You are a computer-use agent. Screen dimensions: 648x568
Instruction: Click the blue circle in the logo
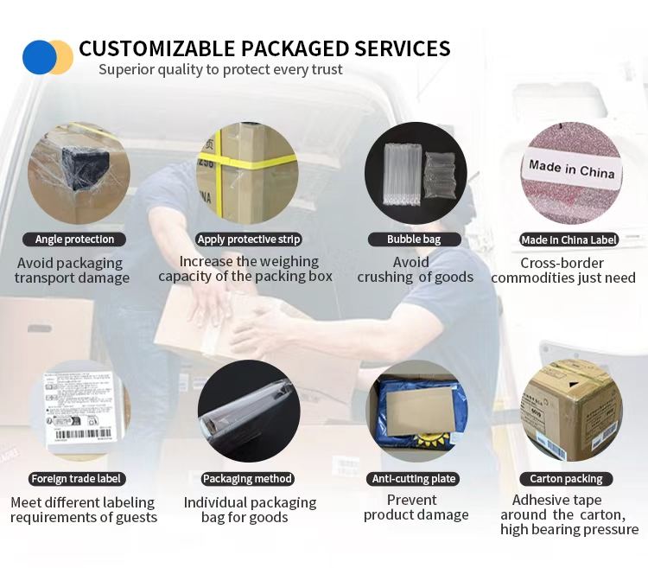pos(38,57)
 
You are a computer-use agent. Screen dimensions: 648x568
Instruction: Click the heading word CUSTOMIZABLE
pos(156,48)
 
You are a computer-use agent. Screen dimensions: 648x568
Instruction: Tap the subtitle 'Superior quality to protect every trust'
pos(220,70)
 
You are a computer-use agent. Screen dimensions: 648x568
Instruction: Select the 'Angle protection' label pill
pos(74,239)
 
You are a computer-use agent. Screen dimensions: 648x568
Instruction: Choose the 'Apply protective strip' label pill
pos(249,239)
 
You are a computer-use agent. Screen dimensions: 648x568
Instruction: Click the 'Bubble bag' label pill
pos(416,239)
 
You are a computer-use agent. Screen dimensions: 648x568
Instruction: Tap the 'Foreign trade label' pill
pos(77,478)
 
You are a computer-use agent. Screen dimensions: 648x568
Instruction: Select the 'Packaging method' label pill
pos(248,478)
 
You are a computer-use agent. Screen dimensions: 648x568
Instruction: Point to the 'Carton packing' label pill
pos(567,478)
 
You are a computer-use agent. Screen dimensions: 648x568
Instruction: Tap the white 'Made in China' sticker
pos(571,168)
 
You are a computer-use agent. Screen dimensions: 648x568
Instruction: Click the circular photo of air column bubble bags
pos(416,173)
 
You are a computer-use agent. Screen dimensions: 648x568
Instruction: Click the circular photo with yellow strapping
pos(247,173)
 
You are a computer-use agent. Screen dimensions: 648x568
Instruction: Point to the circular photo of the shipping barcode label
pos(78,411)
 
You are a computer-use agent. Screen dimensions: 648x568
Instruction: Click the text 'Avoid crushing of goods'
pos(416,270)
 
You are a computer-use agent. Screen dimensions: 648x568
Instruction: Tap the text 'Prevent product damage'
pos(416,507)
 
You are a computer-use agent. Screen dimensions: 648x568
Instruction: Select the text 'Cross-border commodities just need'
pos(562,271)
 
